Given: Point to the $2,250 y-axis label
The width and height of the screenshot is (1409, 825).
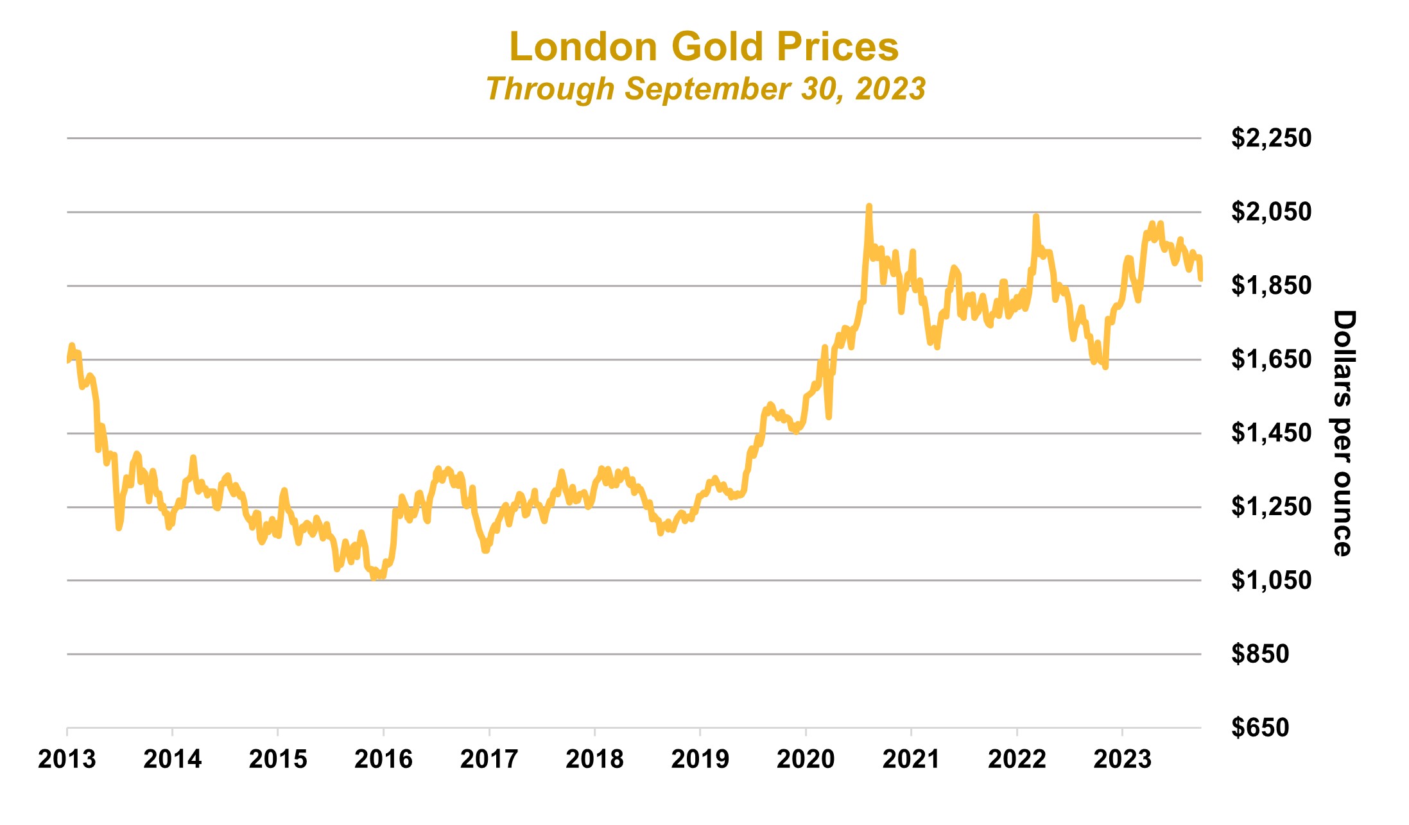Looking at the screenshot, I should [x=1270, y=138].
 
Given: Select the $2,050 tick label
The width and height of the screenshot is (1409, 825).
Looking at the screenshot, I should [x=1270, y=212].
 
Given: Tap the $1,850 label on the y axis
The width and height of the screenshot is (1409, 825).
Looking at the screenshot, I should [x=1270, y=285].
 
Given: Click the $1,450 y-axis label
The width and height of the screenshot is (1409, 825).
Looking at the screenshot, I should [x=1270, y=433].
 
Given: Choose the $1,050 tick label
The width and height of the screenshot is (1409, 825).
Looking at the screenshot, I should [x=1270, y=580].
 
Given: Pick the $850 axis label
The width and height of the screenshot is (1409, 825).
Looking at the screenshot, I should [x=1259, y=654].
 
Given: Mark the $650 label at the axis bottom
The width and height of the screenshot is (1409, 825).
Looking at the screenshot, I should [x=1259, y=727].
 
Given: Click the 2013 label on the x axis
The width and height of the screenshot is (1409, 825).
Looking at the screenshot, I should [x=67, y=760].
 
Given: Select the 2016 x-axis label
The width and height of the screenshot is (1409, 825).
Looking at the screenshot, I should [x=383, y=760].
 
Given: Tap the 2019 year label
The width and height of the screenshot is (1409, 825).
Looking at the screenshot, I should [x=700, y=760].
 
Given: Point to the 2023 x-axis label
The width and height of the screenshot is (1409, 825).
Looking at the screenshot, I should [x=1122, y=760].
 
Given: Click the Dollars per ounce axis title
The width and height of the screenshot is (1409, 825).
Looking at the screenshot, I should [x=1343, y=433].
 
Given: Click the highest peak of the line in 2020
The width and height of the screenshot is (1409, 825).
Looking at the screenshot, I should [x=869, y=207].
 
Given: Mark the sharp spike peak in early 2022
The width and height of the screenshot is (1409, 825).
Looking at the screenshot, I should [x=1035, y=216].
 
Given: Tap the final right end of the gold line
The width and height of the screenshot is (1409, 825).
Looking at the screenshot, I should [x=1200, y=278].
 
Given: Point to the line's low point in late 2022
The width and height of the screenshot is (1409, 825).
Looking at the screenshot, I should [x=1105, y=367].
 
